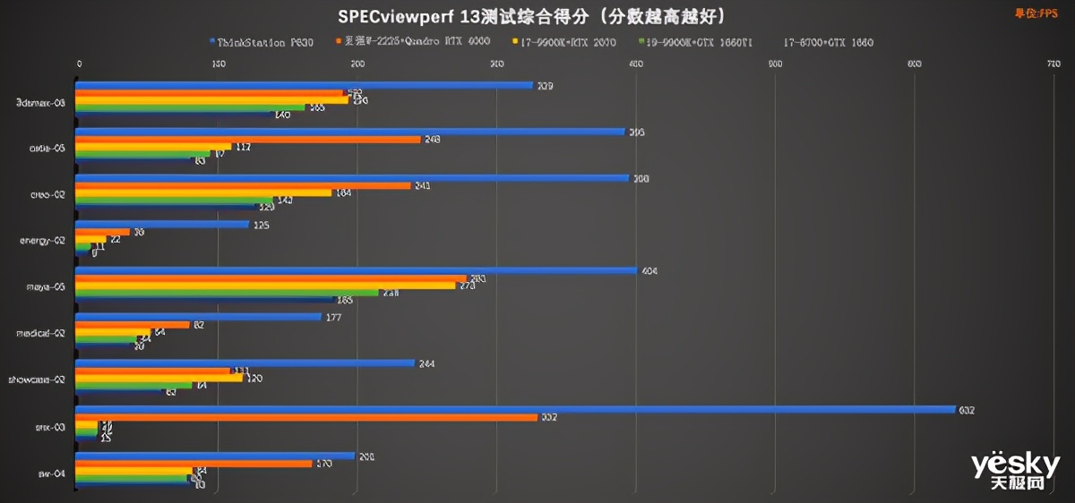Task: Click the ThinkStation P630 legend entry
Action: tap(264, 42)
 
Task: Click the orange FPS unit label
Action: tap(1036, 13)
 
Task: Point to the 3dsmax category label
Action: tap(41, 102)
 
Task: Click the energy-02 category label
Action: tap(42, 241)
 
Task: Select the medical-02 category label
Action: tap(41, 333)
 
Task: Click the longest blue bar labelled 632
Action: tap(515, 410)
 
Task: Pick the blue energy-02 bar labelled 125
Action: tap(162, 225)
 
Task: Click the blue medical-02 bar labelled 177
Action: tap(198, 317)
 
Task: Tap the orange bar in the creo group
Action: tap(242, 185)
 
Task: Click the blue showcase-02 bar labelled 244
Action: tap(245, 363)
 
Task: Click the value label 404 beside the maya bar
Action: tap(650, 271)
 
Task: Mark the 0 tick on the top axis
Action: tap(80, 64)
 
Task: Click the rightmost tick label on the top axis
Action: tap(1053, 64)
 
